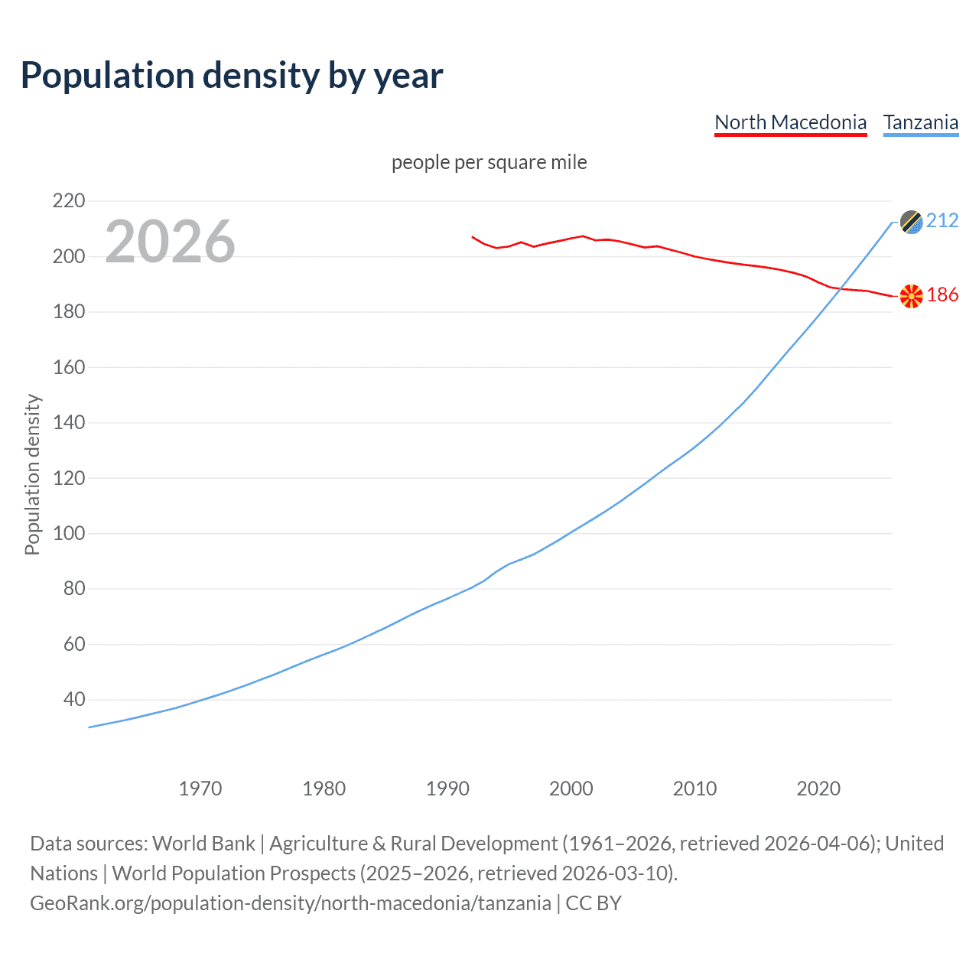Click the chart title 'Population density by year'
point(232,76)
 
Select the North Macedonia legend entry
point(790,122)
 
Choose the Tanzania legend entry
point(920,122)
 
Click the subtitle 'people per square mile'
point(489,163)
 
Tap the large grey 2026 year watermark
point(170,242)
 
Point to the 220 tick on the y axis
point(69,201)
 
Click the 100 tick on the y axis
point(69,533)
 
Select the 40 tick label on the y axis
point(74,699)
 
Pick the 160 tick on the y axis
point(69,367)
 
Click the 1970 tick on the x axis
point(200,789)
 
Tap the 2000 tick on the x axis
point(571,789)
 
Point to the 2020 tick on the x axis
point(818,789)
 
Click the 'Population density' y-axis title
point(32,474)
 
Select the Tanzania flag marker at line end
point(911,222)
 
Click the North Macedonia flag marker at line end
point(911,296)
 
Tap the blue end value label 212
point(942,221)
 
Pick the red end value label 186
point(942,295)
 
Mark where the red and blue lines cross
point(840,288)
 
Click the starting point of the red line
point(472,237)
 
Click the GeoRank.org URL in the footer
point(291,903)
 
